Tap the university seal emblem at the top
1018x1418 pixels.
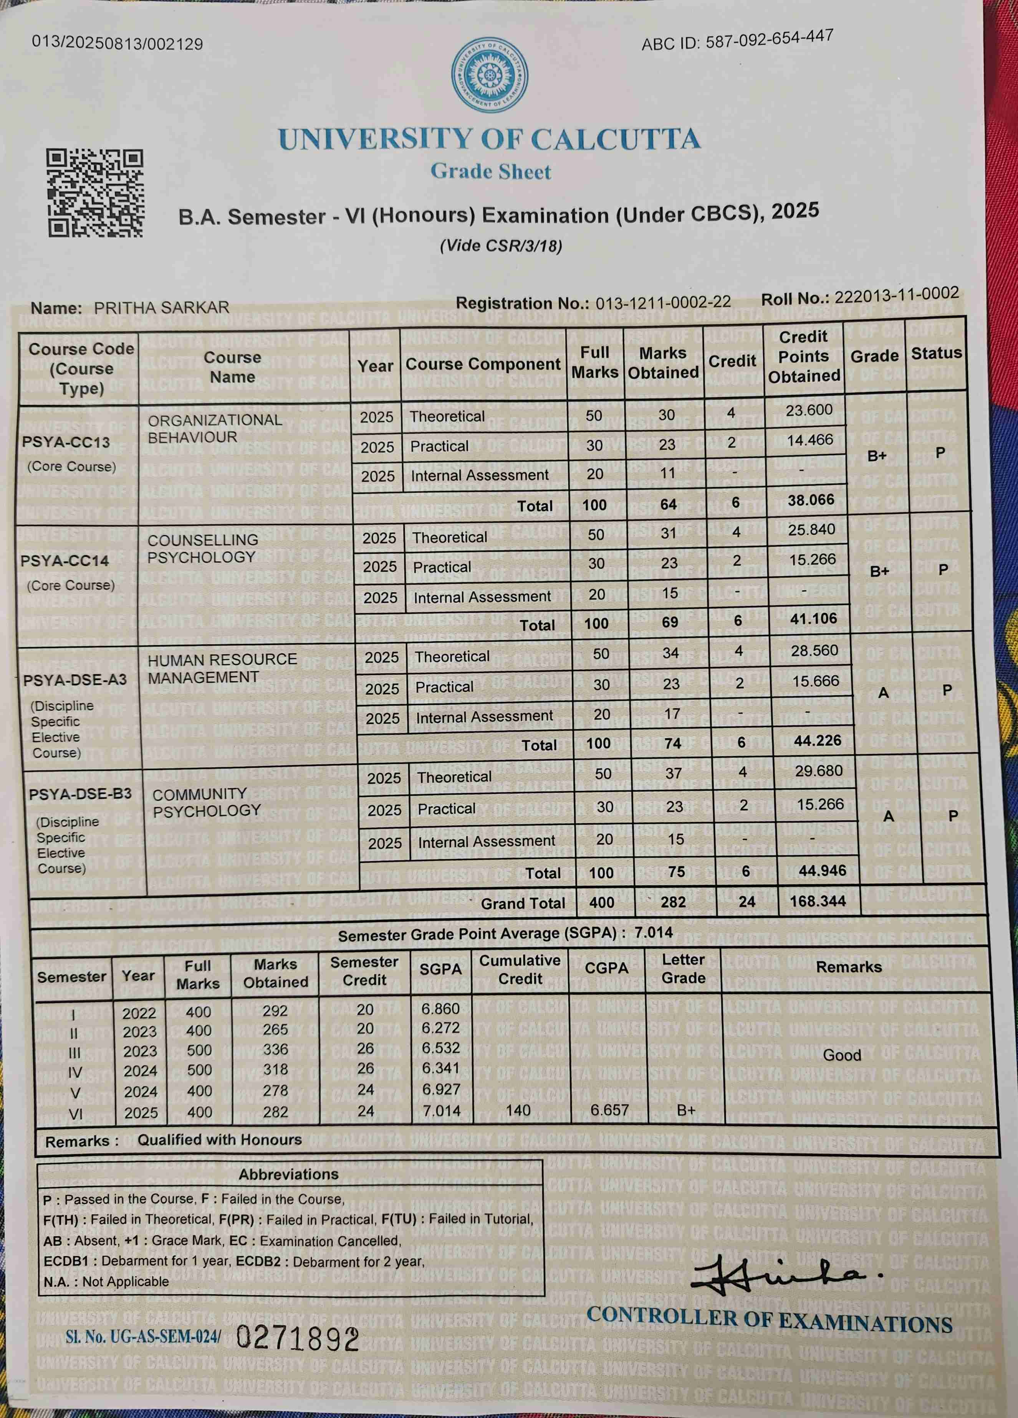(489, 76)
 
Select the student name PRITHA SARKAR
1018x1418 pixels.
(161, 308)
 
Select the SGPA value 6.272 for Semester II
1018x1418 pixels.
(440, 1028)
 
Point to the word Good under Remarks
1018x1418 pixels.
(842, 1055)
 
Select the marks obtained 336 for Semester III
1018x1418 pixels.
(275, 1049)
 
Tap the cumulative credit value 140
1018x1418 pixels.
(518, 1110)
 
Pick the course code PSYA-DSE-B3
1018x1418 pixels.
(80, 794)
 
